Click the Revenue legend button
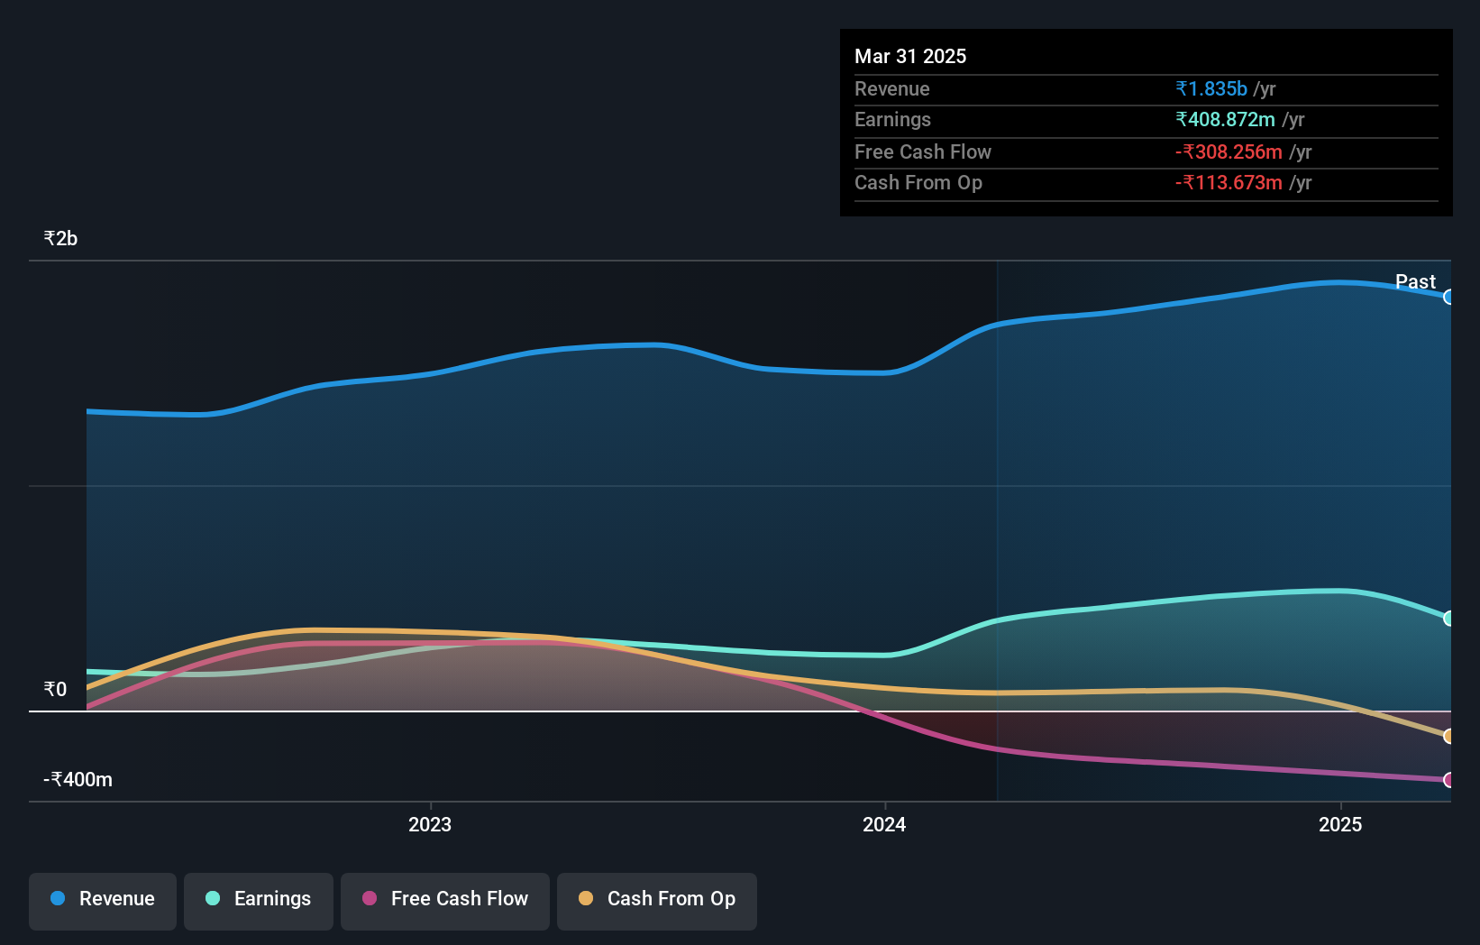(x=103, y=899)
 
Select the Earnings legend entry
(x=259, y=899)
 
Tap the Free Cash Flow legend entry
(x=445, y=899)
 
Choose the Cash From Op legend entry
(x=657, y=899)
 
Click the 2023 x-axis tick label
(x=430, y=825)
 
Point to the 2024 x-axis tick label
(x=884, y=825)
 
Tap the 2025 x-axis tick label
(x=1340, y=825)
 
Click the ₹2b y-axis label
(x=60, y=239)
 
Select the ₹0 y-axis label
(x=55, y=690)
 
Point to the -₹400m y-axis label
(x=78, y=780)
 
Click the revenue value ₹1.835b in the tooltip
(x=1211, y=89)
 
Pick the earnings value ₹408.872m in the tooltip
(x=1225, y=120)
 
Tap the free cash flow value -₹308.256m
(x=1229, y=152)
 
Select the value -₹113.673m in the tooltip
(x=1229, y=183)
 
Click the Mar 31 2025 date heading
(x=910, y=57)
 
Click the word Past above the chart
(x=1415, y=282)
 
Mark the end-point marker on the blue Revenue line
(x=1448, y=297)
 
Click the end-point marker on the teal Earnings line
(x=1448, y=619)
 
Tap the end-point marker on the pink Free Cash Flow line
(x=1448, y=780)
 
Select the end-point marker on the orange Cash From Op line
(x=1448, y=737)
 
